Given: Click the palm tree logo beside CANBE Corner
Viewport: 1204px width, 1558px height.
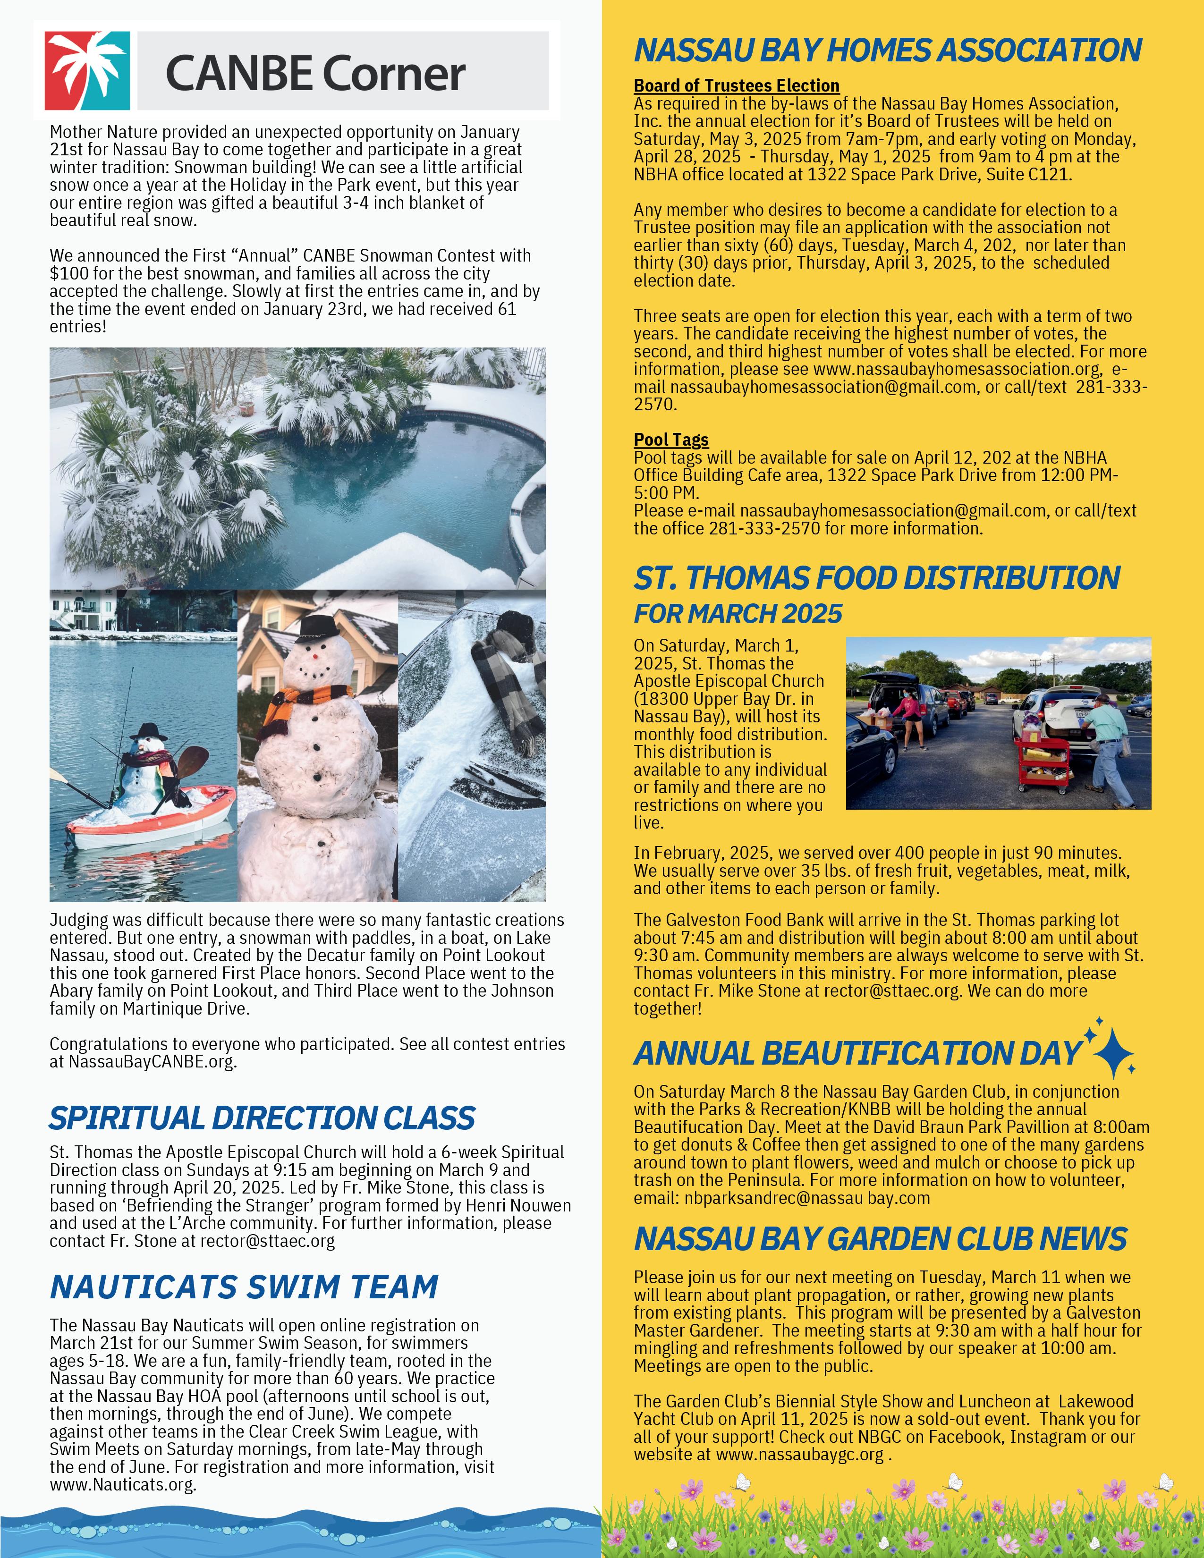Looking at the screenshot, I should [87, 71].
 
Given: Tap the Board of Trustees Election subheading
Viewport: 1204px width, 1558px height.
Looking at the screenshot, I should [736, 85].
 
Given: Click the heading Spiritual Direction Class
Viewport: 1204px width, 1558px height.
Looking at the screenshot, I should [262, 1118].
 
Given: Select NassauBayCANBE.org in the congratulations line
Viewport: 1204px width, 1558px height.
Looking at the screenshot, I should [152, 1061].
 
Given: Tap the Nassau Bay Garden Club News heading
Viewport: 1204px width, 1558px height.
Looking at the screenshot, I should [880, 1239].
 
